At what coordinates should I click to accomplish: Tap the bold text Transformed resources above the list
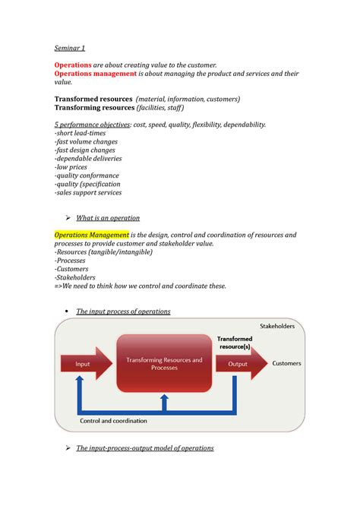[x=93, y=99]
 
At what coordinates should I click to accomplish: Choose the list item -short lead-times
[x=81, y=134]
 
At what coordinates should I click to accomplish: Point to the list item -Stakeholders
[x=77, y=277]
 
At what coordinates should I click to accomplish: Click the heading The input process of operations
[x=123, y=311]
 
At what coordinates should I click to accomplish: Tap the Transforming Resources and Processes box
[x=164, y=364]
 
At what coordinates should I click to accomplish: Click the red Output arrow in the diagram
[x=238, y=364]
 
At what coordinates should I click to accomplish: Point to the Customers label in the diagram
[x=287, y=363]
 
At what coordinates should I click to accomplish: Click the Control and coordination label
[x=114, y=420]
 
